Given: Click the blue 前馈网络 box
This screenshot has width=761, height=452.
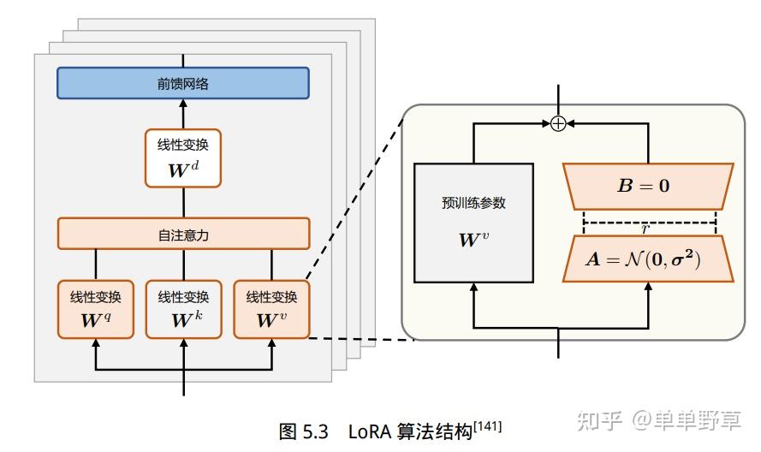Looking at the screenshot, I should pos(182,84).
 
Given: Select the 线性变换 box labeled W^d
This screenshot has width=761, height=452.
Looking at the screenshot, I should pos(183,158).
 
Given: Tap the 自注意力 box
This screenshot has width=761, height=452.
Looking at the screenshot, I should pos(183,234).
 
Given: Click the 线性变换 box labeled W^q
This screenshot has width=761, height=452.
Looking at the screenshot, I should pos(95,308).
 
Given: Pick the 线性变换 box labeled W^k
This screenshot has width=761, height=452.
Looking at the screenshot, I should pos(183,308).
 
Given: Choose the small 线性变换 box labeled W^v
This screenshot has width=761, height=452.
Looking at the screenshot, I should pos(271,308).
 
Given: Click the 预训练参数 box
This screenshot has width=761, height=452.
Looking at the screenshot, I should pos(473,223).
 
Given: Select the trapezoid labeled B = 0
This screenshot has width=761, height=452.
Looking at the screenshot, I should pos(648,186).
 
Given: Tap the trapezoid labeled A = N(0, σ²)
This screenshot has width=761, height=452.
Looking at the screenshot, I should pos(648,259).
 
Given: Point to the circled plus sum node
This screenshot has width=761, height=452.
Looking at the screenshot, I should pos(558,123).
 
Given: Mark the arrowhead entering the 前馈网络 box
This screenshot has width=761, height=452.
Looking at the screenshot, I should pos(183,104).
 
